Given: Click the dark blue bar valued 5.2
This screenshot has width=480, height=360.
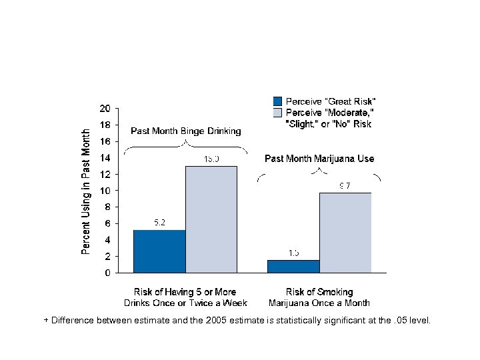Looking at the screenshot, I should (159, 251).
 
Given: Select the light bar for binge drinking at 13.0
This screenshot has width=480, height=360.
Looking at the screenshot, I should (211, 219).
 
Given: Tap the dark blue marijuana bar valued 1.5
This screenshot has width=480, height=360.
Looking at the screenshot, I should (293, 266).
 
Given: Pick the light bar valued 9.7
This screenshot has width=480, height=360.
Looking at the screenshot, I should (345, 233).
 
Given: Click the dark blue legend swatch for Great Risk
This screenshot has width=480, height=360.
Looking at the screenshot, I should (278, 101).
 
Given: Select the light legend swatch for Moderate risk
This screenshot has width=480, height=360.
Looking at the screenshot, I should (278, 111).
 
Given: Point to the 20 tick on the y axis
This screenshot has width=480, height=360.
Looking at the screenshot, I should (105, 109).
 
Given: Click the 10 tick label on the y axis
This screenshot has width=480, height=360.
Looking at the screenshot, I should (105, 191).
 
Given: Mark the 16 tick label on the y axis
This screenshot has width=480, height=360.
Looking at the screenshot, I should (105, 141).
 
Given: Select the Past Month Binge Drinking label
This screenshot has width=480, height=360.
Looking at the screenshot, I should (186, 131).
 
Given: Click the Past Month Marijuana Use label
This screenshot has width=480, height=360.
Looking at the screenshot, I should (319, 159).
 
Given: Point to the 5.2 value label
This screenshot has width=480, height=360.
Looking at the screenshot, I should (160, 223).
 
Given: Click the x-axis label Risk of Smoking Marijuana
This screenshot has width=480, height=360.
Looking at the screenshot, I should (319, 297).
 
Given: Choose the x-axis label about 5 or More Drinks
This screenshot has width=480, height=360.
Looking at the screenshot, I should (185, 297).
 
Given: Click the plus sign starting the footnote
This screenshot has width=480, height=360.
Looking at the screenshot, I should (46, 321).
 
